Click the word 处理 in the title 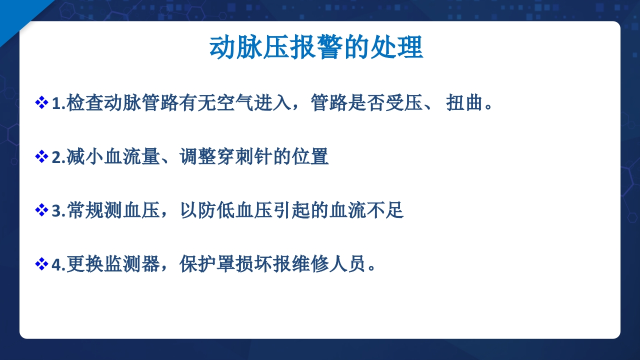point(397,48)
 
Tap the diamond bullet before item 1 point(41,103)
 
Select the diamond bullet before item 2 point(41,157)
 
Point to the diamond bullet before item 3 point(41,210)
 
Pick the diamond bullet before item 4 point(41,264)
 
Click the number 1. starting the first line point(58,103)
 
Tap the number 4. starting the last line point(58,264)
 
